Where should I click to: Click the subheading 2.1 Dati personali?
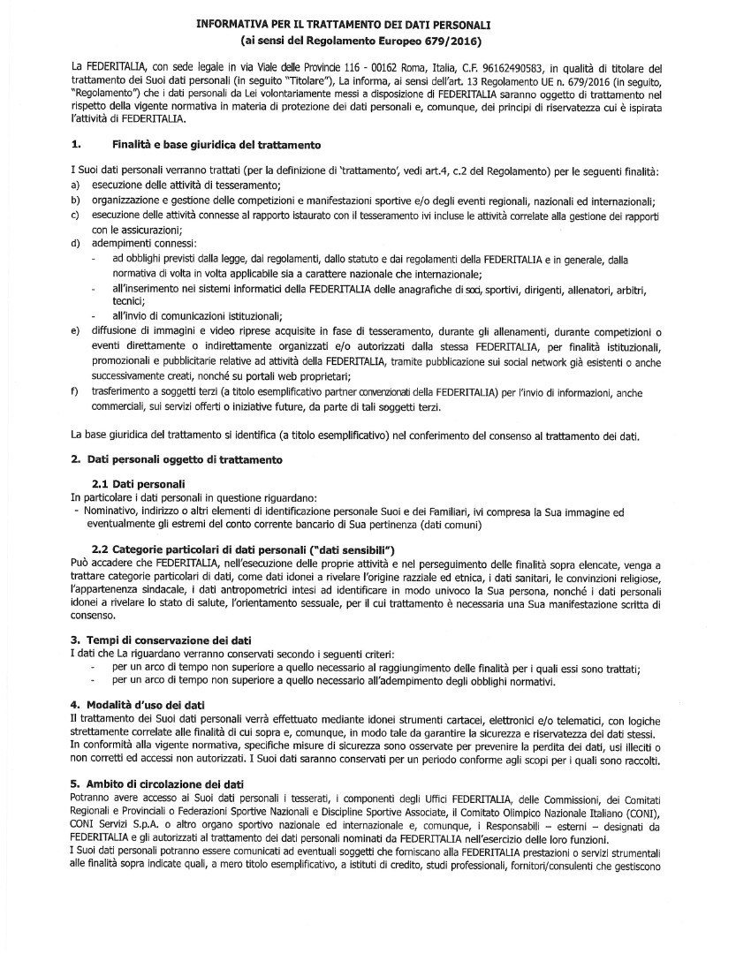tap(138, 485)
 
